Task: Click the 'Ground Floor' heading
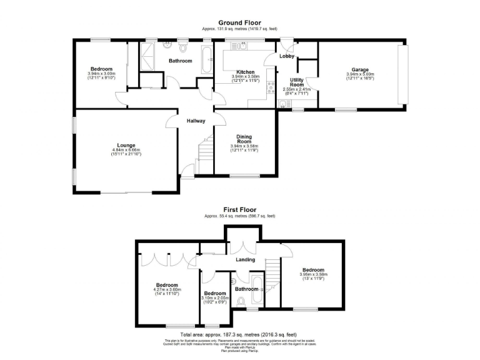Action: click(239, 22)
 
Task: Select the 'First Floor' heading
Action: click(239, 210)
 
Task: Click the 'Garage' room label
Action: click(359, 69)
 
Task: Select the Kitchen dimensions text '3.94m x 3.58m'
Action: click(245, 76)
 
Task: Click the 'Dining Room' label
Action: click(244, 139)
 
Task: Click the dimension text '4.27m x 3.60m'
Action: click(167, 289)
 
